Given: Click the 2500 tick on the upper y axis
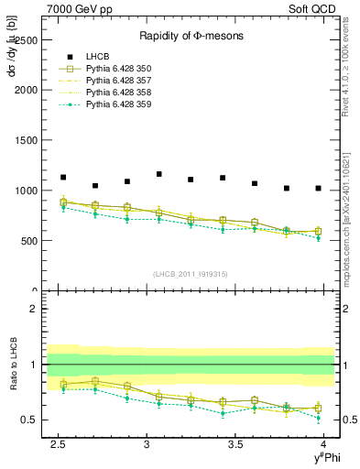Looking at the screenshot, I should point(27,40).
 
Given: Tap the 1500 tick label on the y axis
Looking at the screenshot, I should point(27,141).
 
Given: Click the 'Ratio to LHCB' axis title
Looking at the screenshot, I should point(12,365).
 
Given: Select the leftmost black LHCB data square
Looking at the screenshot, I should point(63,178).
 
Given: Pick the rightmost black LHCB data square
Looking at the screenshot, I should point(318,189).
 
